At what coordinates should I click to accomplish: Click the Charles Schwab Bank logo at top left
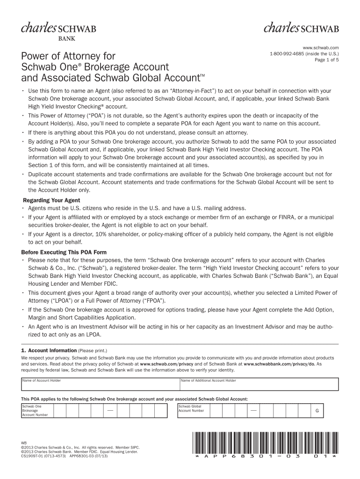58,31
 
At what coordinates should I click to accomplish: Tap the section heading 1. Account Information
49,350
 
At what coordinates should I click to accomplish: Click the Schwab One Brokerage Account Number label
36,411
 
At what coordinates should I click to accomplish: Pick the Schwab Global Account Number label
192,408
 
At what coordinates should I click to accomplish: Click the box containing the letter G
317,411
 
